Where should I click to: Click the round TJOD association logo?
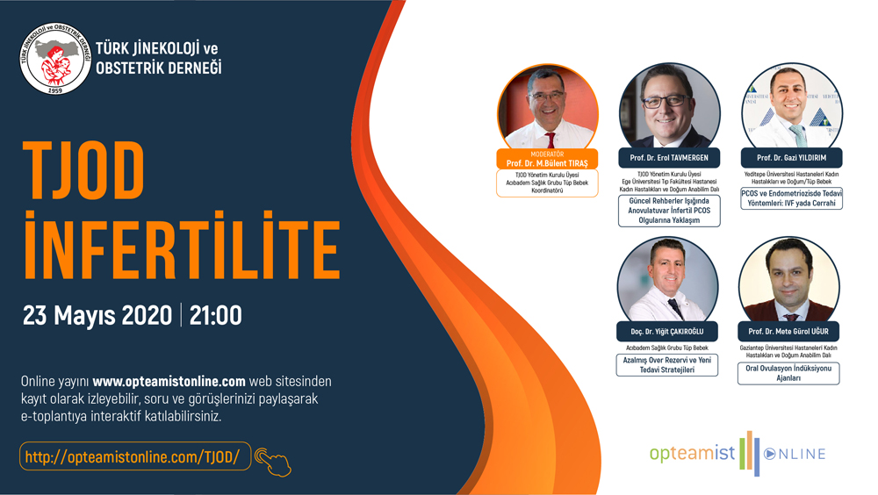tap(54, 58)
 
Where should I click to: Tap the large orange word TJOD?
tap(84, 169)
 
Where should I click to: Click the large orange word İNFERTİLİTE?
tap(182, 246)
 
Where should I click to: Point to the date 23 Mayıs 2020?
tap(97, 315)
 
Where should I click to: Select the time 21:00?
tap(216, 315)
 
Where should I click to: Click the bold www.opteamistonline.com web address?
tap(169, 381)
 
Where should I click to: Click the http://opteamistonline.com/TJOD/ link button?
tap(135, 456)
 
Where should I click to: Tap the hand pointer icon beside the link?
tap(273, 462)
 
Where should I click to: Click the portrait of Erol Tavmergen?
tap(669, 107)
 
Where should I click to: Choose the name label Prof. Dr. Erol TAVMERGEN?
tap(669, 158)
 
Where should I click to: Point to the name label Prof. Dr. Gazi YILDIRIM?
tap(792, 158)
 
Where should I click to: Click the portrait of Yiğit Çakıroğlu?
tap(667, 281)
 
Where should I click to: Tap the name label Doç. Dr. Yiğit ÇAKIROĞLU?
tap(667, 332)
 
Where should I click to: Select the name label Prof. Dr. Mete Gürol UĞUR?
tap(788, 332)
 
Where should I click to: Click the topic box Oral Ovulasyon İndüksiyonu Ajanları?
tap(788, 374)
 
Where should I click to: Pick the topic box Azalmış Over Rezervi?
tap(667, 365)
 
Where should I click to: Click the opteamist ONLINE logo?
tap(738, 453)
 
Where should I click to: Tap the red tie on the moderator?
tap(551, 140)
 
